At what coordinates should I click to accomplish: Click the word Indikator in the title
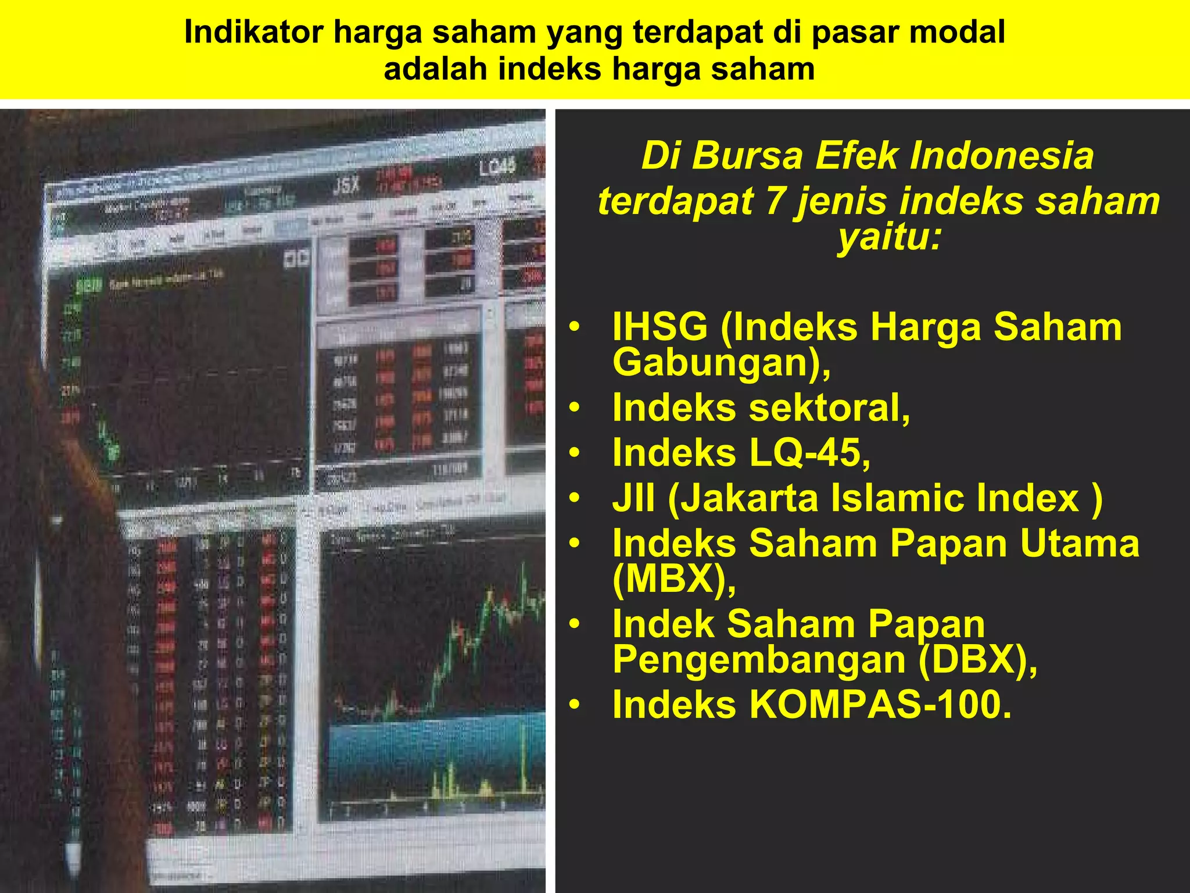[x=253, y=33]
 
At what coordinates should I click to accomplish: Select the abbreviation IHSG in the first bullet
[x=660, y=327]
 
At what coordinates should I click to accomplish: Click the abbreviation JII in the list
[x=633, y=498]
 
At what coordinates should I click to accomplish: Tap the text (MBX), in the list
[x=674, y=579]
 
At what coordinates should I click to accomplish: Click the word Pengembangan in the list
[x=759, y=660]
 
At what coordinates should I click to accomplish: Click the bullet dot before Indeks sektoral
[x=575, y=408]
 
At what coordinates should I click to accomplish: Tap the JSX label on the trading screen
[x=346, y=186]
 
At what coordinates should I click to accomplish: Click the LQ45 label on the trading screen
[x=497, y=167]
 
